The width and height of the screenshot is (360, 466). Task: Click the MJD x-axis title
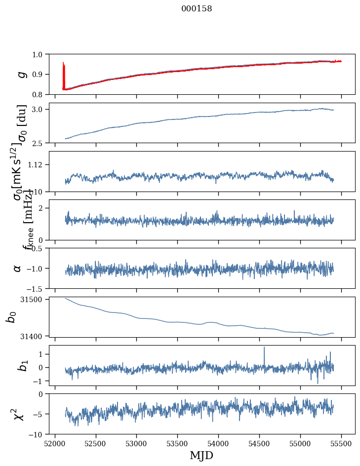[201, 455]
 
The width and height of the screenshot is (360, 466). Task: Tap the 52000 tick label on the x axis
[55, 443]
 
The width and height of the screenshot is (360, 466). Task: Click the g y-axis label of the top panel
[21, 74]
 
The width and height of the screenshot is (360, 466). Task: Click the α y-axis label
[17, 268]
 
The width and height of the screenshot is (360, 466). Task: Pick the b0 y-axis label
[11, 316]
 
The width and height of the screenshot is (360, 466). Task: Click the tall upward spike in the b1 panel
[264, 349]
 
